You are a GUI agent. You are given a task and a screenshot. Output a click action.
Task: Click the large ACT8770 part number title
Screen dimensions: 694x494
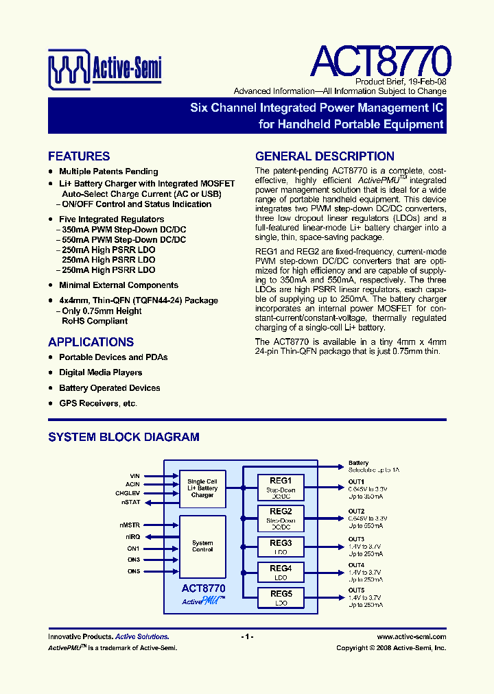coord(380,62)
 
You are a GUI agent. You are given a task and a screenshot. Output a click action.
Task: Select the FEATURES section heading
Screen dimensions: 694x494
coord(79,156)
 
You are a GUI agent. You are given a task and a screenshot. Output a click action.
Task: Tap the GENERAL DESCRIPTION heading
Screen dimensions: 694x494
coord(325,156)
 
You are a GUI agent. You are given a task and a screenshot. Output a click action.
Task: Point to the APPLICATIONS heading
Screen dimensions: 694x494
coord(91,342)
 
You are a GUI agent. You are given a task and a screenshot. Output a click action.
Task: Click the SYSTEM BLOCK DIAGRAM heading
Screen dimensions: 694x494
coord(123,437)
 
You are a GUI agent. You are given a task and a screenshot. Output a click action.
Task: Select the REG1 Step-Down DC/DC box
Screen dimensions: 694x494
coord(281,487)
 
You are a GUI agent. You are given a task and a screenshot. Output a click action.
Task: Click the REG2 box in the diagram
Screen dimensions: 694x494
coord(281,517)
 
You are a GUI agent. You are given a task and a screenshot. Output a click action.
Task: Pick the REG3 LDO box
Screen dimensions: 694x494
coord(281,546)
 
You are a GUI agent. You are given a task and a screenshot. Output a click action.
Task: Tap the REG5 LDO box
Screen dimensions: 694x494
coord(281,598)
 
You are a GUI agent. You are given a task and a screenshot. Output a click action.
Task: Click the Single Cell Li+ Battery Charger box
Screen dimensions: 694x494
coord(202,488)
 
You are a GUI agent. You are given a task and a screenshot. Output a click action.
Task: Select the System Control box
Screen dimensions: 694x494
coord(202,546)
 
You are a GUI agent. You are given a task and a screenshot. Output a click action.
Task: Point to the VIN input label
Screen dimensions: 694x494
coord(134,476)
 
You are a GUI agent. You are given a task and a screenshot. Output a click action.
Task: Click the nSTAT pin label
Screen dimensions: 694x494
coord(132,503)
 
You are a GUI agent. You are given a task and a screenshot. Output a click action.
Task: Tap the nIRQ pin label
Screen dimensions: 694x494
coord(132,537)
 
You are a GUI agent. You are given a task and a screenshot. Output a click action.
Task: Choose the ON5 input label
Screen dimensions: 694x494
coord(133,571)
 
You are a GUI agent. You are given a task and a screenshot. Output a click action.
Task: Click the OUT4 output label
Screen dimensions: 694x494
coord(356,565)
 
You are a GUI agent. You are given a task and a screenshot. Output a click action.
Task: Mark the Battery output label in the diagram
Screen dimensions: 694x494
coord(358,463)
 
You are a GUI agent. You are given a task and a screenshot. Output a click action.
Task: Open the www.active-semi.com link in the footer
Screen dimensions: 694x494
coord(411,637)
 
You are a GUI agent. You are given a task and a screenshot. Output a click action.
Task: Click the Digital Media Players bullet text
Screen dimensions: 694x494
coord(100,373)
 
